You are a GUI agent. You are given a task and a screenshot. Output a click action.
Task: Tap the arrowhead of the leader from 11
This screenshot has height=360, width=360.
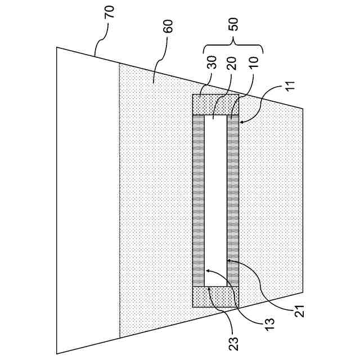241,121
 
